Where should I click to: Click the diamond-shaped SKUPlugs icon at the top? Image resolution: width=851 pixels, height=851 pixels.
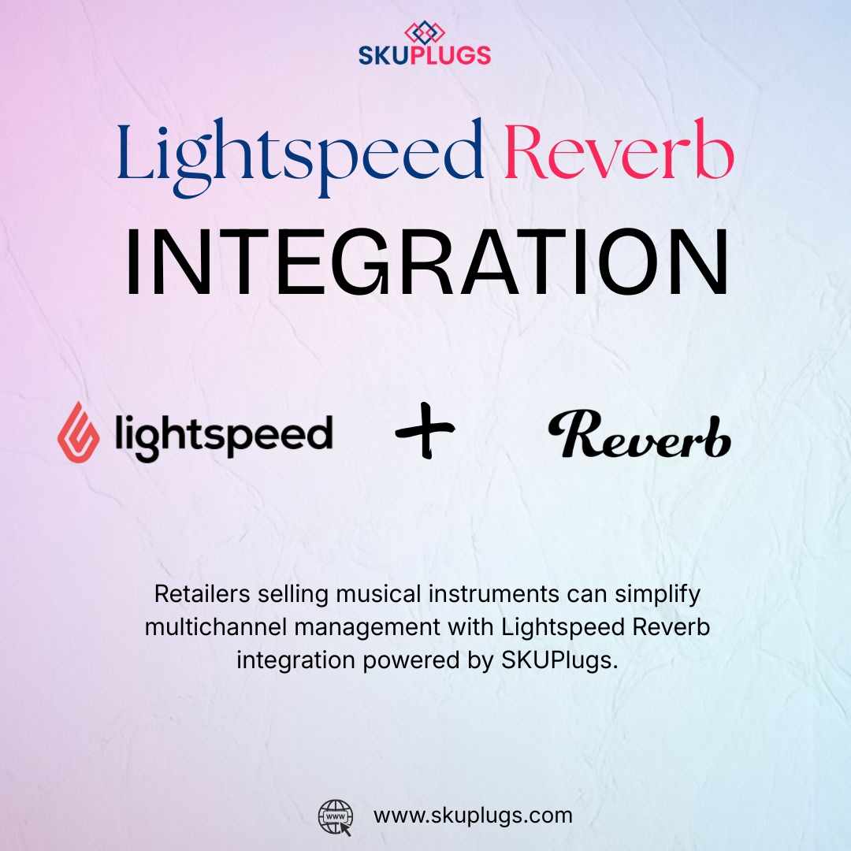[x=425, y=32]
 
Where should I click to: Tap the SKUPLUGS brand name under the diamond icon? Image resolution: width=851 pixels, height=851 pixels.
[x=425, y=55]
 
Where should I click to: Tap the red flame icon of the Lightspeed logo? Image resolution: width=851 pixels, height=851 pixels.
[x=78, y=432]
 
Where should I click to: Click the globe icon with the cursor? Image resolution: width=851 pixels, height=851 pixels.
[x=334, y=816]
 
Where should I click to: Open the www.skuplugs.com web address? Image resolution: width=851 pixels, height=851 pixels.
[x=473, y=815]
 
